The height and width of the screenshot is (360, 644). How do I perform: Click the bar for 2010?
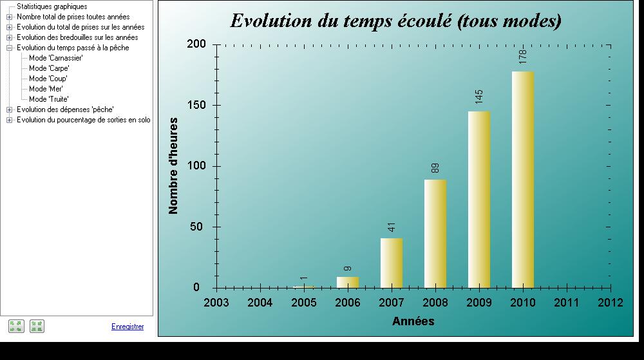[523, 180]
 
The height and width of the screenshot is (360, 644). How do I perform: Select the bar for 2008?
[435, 234]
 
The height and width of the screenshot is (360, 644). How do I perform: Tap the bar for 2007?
[392, 263]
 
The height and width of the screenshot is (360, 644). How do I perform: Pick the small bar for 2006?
[348, 283]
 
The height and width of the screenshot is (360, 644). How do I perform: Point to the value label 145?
[479, 97]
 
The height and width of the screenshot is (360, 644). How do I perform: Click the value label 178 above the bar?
[523, 57]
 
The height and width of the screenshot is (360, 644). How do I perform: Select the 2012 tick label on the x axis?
[611, 303]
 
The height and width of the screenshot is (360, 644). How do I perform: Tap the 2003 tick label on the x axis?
[216, 303]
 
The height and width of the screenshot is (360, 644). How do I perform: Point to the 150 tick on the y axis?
[196, 105]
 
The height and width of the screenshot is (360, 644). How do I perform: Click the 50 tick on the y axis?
[196, 227]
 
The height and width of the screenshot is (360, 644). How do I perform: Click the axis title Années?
[413, 321]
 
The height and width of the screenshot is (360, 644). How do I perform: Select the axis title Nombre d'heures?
[173, 166]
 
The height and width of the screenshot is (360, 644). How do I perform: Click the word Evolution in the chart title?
[270, 21]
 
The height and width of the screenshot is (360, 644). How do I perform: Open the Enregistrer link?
[128, 327]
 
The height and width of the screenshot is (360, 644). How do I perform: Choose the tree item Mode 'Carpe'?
[49, 68]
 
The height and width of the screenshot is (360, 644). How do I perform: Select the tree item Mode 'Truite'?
[48, 99]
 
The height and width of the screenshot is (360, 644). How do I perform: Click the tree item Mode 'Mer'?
[46, 89]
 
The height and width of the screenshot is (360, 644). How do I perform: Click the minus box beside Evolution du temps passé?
[9, 48]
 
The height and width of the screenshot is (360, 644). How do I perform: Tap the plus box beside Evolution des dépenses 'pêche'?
[9, 109]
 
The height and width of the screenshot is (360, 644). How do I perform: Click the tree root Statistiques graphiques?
[52, 6]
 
